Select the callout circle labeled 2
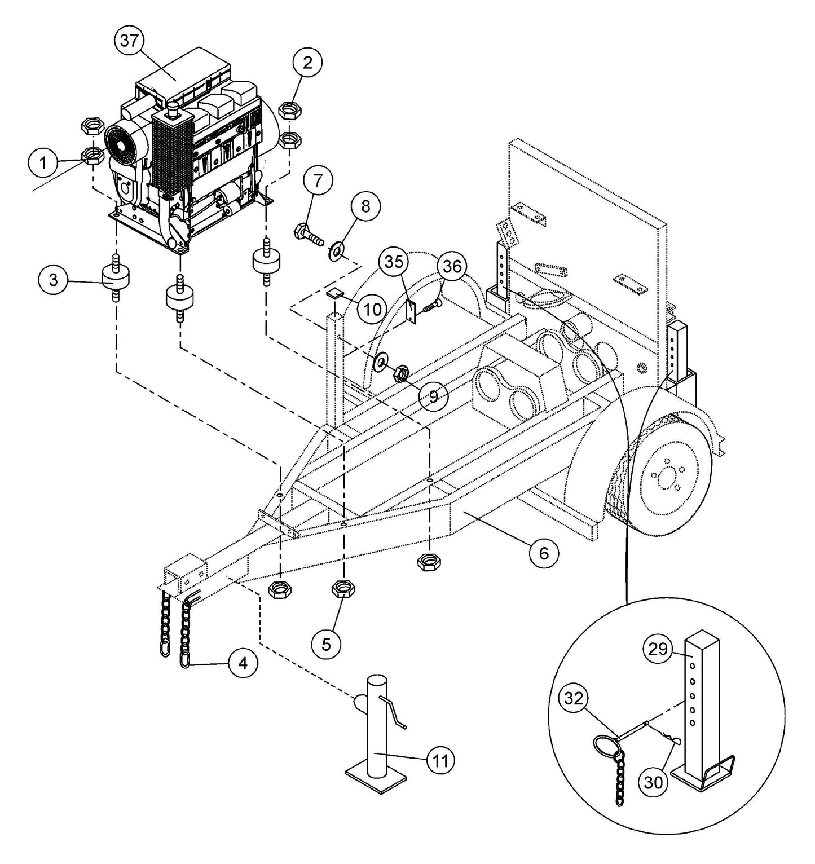tap(307, 63)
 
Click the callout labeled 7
tap(318, 181)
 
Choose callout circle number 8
tap(365, 206)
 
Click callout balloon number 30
tap(654, 781)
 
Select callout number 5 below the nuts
tap(327, 644)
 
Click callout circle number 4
tap(243, 664)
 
